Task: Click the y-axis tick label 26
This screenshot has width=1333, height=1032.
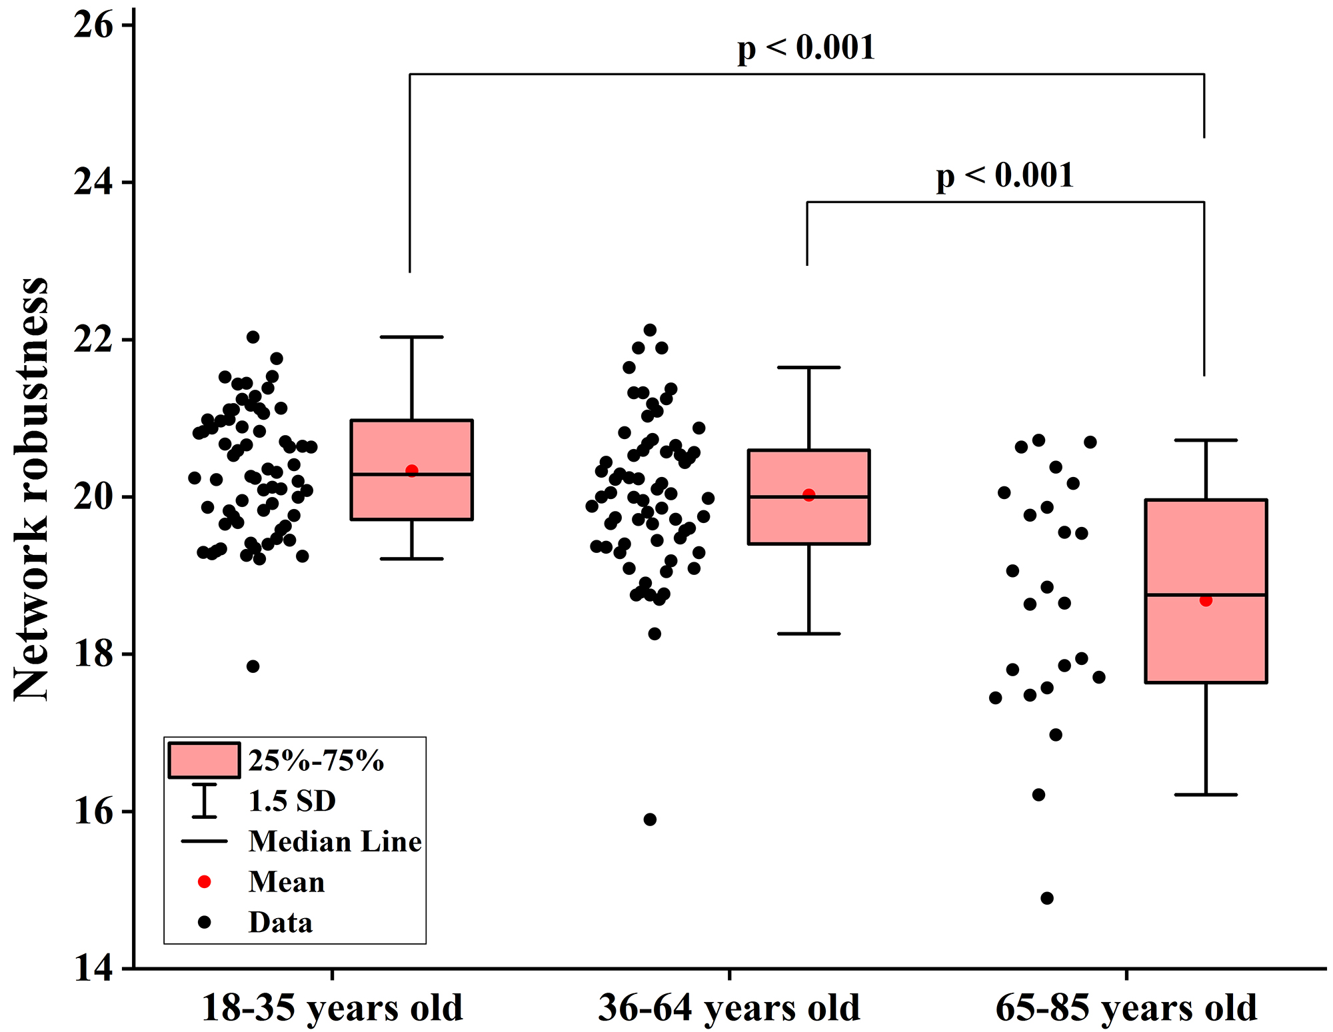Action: point(93,27)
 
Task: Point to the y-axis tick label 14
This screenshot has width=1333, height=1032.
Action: point(93,968)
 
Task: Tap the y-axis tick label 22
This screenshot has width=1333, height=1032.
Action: point(93,340)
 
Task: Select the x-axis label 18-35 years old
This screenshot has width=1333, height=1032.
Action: point(332,1007)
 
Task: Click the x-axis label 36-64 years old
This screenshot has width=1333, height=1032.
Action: point(729,1007)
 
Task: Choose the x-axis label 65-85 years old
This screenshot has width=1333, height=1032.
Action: point(1126,1007)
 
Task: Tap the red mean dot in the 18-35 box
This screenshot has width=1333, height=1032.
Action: point(412,471)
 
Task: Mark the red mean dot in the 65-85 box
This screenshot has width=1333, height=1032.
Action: point(1206,600)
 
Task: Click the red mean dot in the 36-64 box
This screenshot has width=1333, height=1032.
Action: point(809,495)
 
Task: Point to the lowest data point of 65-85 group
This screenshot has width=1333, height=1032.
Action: point(1047,898)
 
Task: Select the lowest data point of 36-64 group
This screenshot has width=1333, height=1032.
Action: point(650,819)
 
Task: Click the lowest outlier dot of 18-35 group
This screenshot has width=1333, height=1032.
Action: point(253,666)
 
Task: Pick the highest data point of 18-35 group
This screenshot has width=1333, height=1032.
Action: point(253,337)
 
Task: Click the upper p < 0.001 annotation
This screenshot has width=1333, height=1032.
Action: point(806,49)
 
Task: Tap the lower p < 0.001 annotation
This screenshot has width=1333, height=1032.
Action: point(1005,177)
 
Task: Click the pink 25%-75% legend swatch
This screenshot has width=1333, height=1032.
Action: point(204,760)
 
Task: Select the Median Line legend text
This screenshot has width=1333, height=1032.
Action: point(335,842)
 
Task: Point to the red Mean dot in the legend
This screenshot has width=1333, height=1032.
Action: point(205,882)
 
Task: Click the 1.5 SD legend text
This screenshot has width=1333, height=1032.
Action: point(292,801)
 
